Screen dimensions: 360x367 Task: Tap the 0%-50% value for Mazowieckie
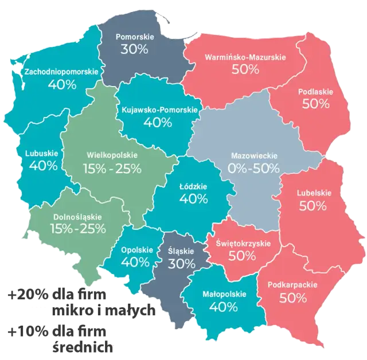[253, 168]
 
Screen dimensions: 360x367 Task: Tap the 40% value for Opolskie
[135, 262]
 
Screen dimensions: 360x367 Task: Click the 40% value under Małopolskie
[224, 307]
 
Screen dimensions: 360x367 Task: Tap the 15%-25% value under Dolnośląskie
[77, 229]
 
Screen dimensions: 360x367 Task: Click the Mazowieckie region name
[253, 155]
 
